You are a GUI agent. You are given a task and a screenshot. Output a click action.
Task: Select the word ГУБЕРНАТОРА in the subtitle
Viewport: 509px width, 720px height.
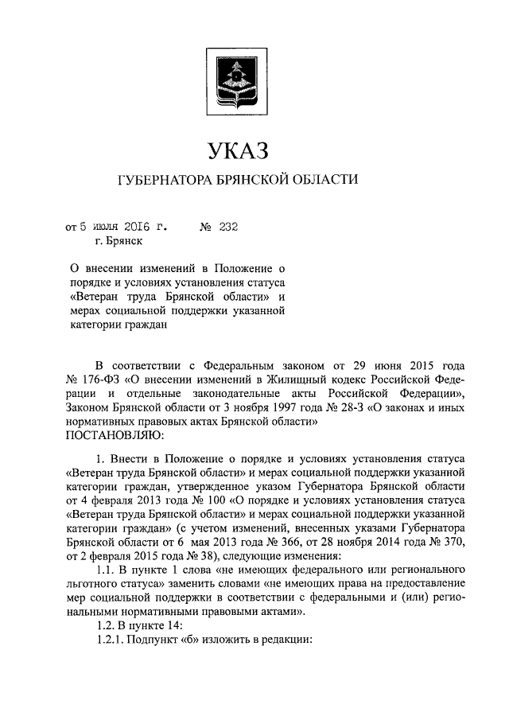165,181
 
